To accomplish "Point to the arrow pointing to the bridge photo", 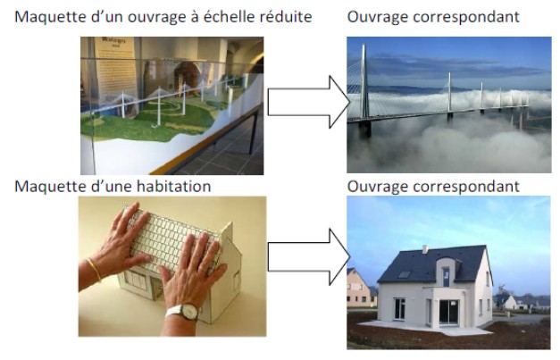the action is [x=309, y=102].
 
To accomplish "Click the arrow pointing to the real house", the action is [x=309, y=256].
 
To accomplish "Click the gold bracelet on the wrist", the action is [x=94, y=270].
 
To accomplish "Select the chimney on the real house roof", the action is [x=425, y=249].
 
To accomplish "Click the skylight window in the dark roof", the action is [x=405, y=274].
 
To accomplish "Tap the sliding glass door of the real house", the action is [x=448, y=312].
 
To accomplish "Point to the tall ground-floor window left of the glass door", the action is [x=399, y=308].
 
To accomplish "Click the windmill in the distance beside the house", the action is [x=501, y=289].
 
